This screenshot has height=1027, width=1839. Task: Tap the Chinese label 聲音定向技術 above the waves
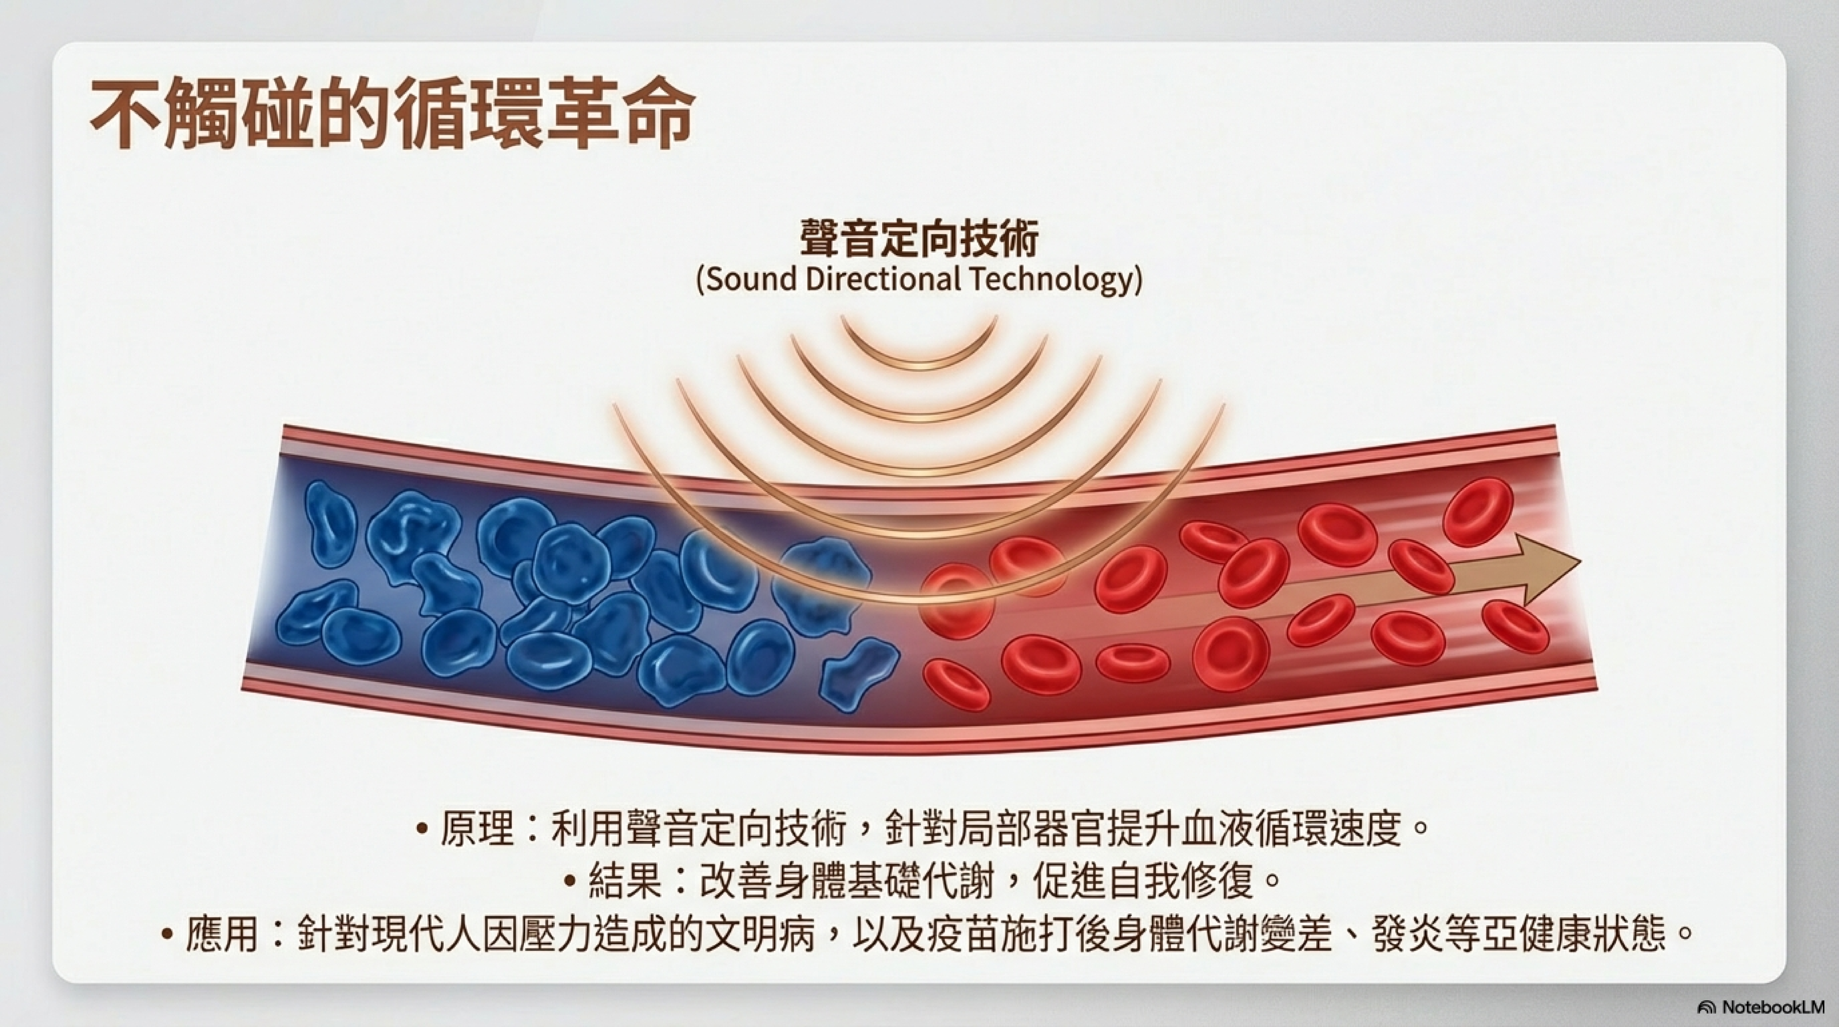click(919, 238)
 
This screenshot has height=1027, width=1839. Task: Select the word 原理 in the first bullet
click(477, 829)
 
